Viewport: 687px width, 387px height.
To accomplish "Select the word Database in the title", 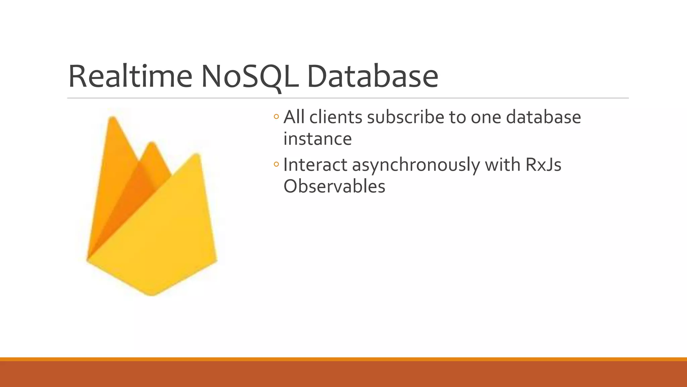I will (372, 77).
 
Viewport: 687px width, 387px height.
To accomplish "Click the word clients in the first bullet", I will (336, 118).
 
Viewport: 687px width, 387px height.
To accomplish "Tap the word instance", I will (317, 139).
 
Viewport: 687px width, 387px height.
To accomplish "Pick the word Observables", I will (334, 186).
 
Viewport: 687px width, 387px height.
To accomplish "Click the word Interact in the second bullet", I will (315, 165).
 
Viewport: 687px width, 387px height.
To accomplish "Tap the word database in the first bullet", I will (543, 118).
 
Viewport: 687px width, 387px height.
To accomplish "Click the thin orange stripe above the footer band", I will (343, 359).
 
